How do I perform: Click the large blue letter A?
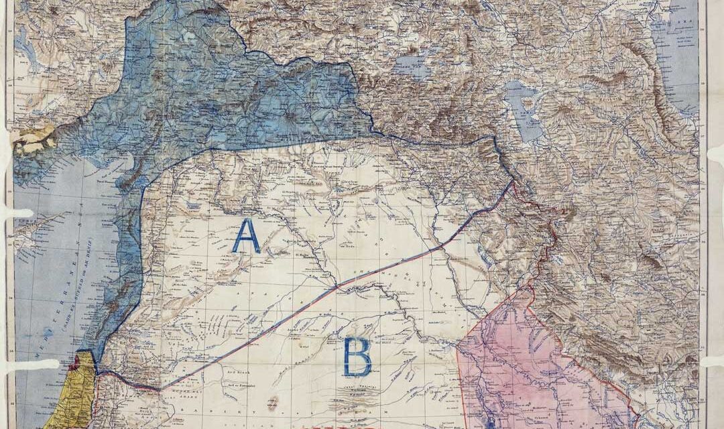pos(246,236)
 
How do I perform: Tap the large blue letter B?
pos(357,357)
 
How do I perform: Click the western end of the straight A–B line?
pos(160,388)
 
